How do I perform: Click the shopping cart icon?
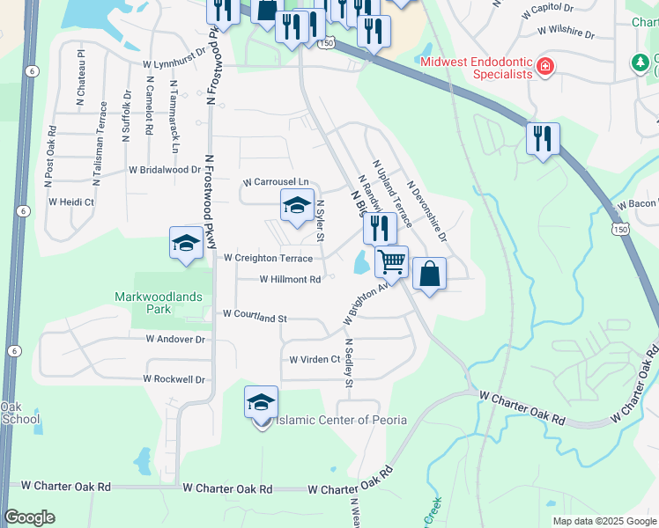pyautogui.click(x=391, y=260)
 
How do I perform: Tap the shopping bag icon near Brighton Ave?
pyautogui.click(x=429, y=274)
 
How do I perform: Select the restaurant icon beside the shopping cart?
pyautogui.click(x=380, y=228)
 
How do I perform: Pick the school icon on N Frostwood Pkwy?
pyautogui.click(x=187, y=243)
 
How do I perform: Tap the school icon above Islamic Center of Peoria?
pyautogui.click(x=262, y=401)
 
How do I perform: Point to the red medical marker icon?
pyautogui.click(x=545, y=67)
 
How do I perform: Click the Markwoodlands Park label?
pyautogui.click(x=154, y=304)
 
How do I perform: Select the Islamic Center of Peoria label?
pyautogui.click(x=342, y=420)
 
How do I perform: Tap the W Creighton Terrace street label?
pyautogui.click(x=268, y=258)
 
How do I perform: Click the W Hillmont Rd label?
pyautogui.click(x=290, y=279)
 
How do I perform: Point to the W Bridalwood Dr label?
pyautogui.click(x=165, y=169)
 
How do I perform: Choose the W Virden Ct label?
pyautogui.click(x=315, y=359)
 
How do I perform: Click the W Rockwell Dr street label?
pyautogui.click(x=174, y=379)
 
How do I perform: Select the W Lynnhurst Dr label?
pyautogui.click(x=174, y=64)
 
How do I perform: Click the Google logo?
pyautogui.click(x=29, y=517)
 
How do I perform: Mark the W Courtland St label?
pyautogui.click(x=255, y=313)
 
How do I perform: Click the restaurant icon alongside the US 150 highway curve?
pyautogui.click(x=541, y=138)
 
